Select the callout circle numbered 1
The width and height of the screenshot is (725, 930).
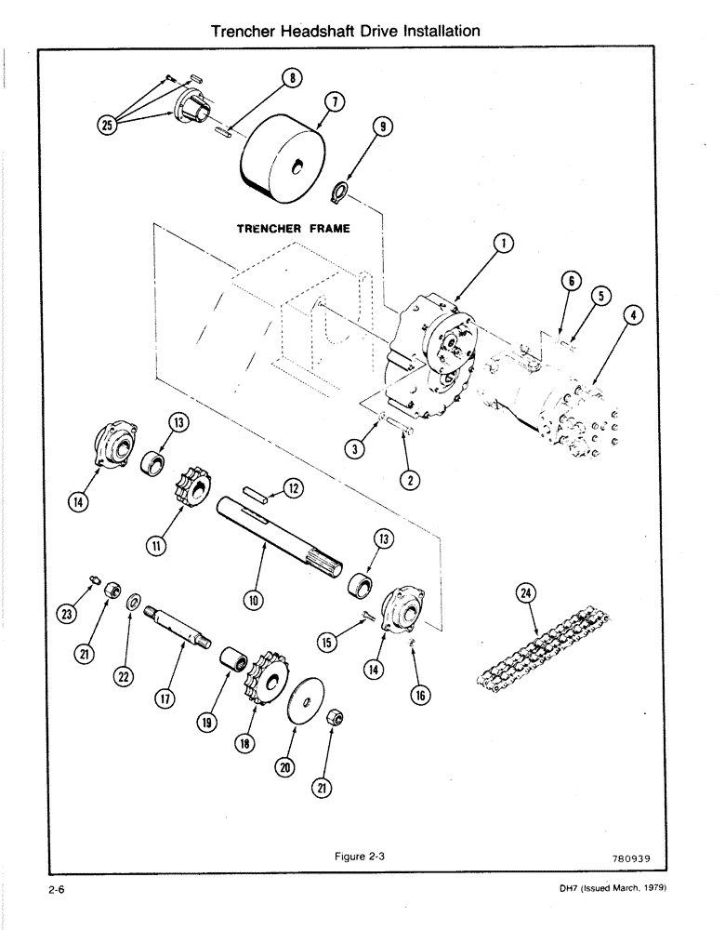pos(502,245)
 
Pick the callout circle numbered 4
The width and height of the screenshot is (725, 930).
pos(632,316)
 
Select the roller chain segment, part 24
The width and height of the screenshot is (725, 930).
pos(534,650)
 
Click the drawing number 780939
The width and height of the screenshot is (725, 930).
pos(644,858)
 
